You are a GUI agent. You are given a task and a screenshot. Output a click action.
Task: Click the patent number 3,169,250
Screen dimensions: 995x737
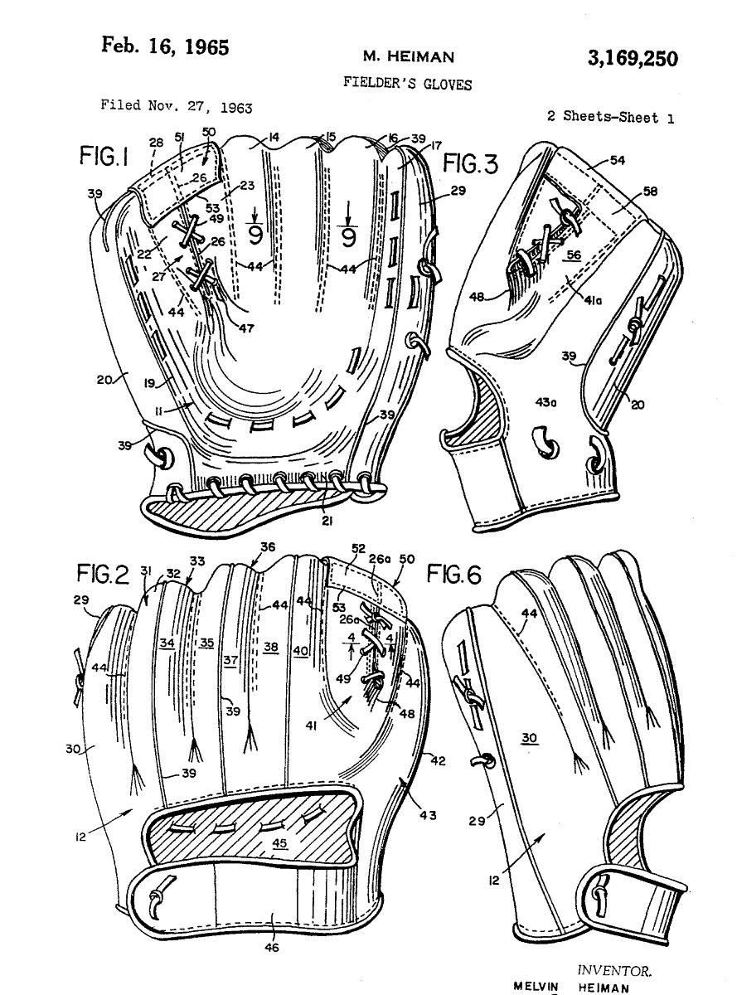(632, 59)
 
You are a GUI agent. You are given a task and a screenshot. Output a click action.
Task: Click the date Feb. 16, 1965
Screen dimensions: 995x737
(165, 46)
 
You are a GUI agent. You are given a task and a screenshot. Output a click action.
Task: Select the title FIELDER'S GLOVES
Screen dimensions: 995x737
(406, 84)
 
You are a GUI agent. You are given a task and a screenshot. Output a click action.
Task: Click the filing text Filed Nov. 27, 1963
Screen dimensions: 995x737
(177, 106)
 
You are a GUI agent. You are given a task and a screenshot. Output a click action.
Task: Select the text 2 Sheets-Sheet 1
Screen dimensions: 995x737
(610, 117)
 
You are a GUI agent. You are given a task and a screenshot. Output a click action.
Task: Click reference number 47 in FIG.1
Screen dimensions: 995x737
(246, 327)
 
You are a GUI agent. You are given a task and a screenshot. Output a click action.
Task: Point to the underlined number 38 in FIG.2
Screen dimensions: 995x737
(271, 648)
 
